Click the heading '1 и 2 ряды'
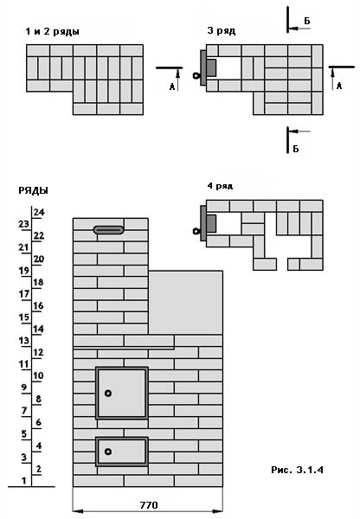click(x=52, y=32)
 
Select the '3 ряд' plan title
click(x=222, y=31)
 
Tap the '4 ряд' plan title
click(x=220, y=186)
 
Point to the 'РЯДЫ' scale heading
click(x=33, y=190)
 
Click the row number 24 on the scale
click(x=38, y=212)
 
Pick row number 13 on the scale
click(x=24, y=341)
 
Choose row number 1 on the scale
click(x=23, y=481)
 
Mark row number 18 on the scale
click(x=38, y=282)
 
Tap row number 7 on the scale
click(x=24, y=411)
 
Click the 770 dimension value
click(x=149, y=505)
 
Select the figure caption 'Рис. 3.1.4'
click(x=297, y=470)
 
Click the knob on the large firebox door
click(x=108, y=394)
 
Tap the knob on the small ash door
click(x=108, y=452)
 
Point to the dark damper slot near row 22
click(x=109, y=230)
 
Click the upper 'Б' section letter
click(x=307, y=21)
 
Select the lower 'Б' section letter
click(x=296, y=149)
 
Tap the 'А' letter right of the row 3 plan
click(x=339, y=86)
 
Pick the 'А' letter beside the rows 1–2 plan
click(x=172, y=86)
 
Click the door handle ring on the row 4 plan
click(x=196, y=231)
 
